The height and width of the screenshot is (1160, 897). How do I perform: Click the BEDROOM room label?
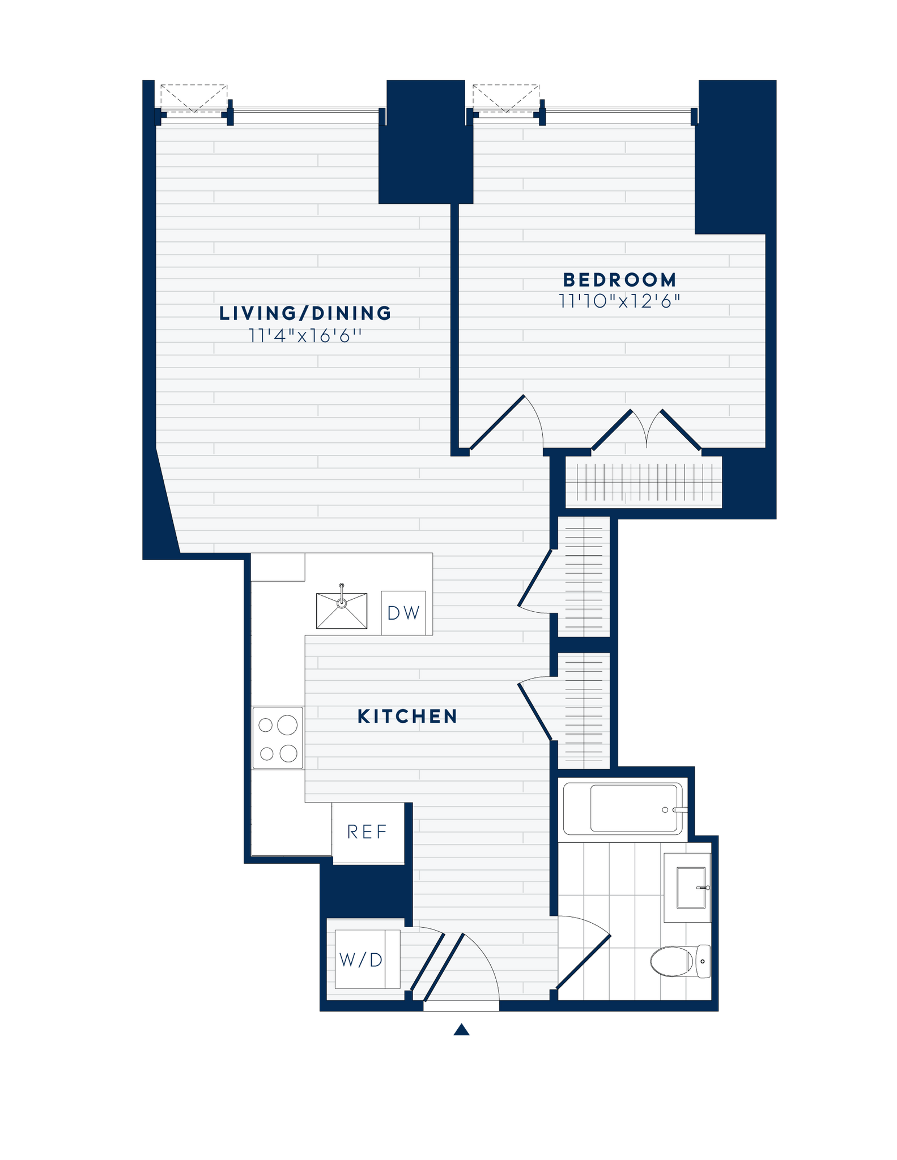(619, 280)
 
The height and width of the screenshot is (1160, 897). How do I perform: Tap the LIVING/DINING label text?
(305, 313)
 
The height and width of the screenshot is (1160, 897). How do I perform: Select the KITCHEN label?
(407, 717)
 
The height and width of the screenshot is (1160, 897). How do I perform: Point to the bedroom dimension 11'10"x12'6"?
(619, 301)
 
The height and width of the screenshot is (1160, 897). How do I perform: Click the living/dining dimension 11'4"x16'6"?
(305, 336)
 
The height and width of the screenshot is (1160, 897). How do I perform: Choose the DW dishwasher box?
(403, 613)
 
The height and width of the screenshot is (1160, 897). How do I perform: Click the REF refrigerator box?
(368, 832)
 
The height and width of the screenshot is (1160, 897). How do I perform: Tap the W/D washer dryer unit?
(362, 959)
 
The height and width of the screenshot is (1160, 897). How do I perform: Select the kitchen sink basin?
(341, 611)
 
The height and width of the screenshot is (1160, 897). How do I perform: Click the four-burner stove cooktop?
(278, 738)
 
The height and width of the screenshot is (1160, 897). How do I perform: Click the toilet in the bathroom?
(679, 961)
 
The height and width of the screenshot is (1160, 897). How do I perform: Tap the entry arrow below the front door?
(462, 1029)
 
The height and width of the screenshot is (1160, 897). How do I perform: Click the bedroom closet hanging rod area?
(644, 482)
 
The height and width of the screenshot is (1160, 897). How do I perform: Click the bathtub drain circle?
(665, 810)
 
